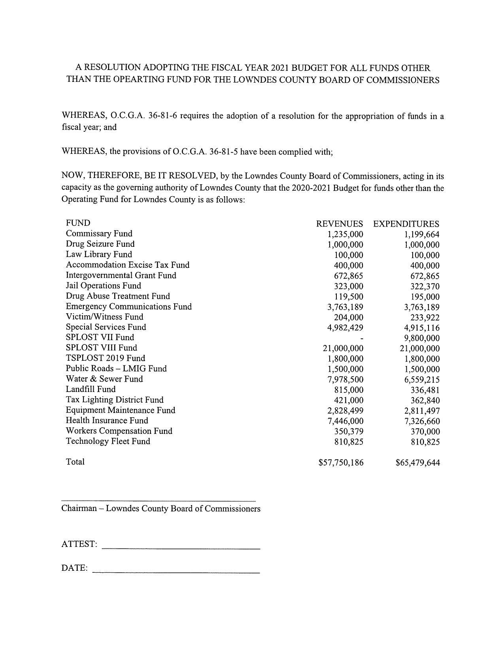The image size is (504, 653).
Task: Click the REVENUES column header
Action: pos(339,224)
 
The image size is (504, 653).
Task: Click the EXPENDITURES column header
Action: pos(406,224)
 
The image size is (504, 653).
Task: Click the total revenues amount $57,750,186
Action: pos(341,462)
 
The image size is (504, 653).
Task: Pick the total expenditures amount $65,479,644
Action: pos(417,462)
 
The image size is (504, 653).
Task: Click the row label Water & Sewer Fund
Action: pos(104,379)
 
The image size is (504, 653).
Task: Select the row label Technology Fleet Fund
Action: pos(108,441)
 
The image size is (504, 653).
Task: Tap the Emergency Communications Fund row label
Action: pos(128,307)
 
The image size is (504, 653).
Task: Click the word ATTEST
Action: pos(79,544)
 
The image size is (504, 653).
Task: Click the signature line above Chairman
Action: pos(158,501)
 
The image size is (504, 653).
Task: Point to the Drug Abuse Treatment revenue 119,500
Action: pos(348,297)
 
